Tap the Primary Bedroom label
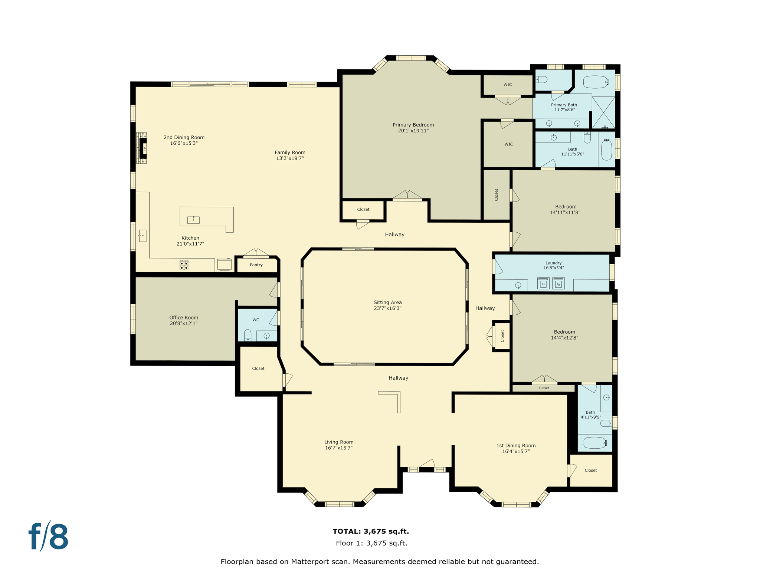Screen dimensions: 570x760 pos(413,125)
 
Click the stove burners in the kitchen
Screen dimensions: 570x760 pos(184,265)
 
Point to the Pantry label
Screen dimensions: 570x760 pos(256,265)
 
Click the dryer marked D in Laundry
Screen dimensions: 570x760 pos(543,284)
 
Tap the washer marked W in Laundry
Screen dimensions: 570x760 pos(558,284)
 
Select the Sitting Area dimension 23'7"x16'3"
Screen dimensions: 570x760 pos(387,308)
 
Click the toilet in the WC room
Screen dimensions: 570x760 pos(248,335)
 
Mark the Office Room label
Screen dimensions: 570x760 pos(184,317)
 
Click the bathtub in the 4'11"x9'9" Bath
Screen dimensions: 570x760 pos(594,442)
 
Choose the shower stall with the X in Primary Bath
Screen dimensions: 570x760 pos(603,112)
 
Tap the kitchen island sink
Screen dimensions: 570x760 pos(193,220)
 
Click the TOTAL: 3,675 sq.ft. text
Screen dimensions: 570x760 pos(370,531)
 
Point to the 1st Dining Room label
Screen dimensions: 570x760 pos(516,446)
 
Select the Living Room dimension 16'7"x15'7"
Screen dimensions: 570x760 pos(338,448)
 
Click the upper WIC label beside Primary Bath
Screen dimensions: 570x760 pos(508,85)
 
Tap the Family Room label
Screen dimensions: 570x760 pos(290,153)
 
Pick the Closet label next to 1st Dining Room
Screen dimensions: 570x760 pos(590,470)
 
